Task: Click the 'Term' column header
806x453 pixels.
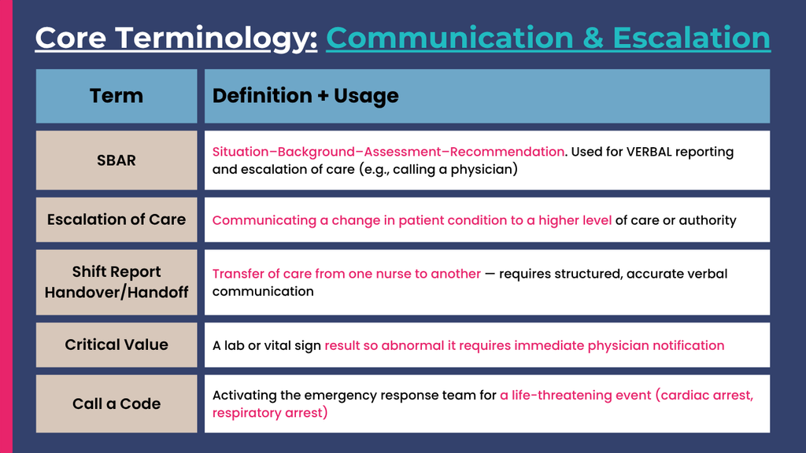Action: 116,96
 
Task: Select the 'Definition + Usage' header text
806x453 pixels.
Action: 305,96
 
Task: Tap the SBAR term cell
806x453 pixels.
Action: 116,160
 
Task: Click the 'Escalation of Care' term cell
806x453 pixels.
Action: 116,220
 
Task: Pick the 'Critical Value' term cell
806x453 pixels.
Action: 116,344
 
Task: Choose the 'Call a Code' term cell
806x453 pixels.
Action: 116,403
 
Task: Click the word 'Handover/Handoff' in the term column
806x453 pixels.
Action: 116,293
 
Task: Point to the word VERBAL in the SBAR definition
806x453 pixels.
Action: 649,152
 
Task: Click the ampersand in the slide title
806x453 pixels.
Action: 593,38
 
